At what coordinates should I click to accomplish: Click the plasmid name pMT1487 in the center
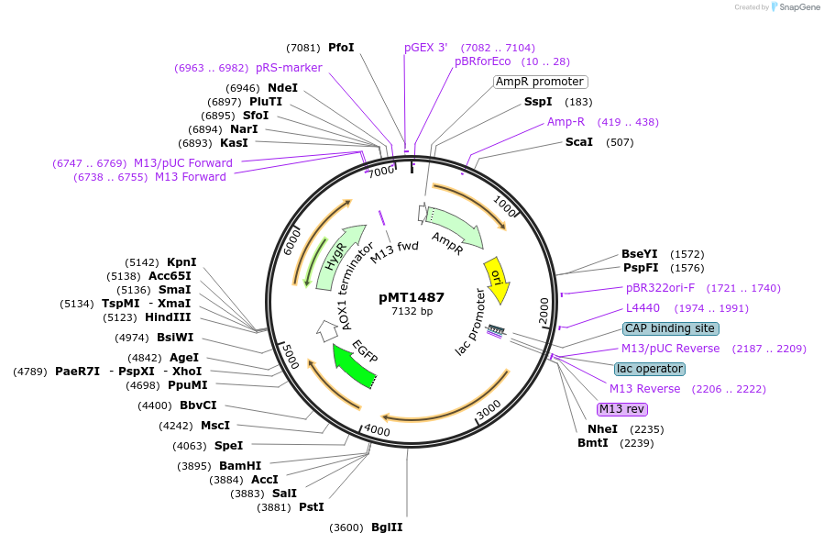coord(412,297)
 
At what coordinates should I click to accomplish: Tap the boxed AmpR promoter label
coord(540,82)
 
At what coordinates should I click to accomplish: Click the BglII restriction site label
coord(387,527)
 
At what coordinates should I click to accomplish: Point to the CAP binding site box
coord(670,328)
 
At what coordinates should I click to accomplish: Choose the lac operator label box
coord(649,369)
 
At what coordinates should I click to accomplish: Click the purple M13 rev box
coord(622,409)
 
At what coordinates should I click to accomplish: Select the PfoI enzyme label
coord(341,48)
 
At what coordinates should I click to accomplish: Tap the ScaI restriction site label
coord(579,142)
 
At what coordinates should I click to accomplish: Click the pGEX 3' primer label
coord(426,48)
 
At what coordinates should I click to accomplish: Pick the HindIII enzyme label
coord(168,317)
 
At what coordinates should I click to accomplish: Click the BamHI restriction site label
coord(240,466)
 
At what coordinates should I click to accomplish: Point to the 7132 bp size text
coord(412,312)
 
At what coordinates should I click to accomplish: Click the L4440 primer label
coord(643,308)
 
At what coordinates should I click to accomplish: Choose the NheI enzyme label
coord(602,429)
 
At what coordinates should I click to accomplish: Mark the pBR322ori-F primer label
coord(660,288)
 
